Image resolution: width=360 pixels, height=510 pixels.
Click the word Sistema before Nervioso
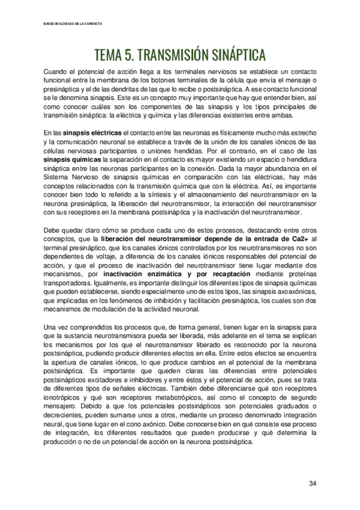click(x=57, y=180)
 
